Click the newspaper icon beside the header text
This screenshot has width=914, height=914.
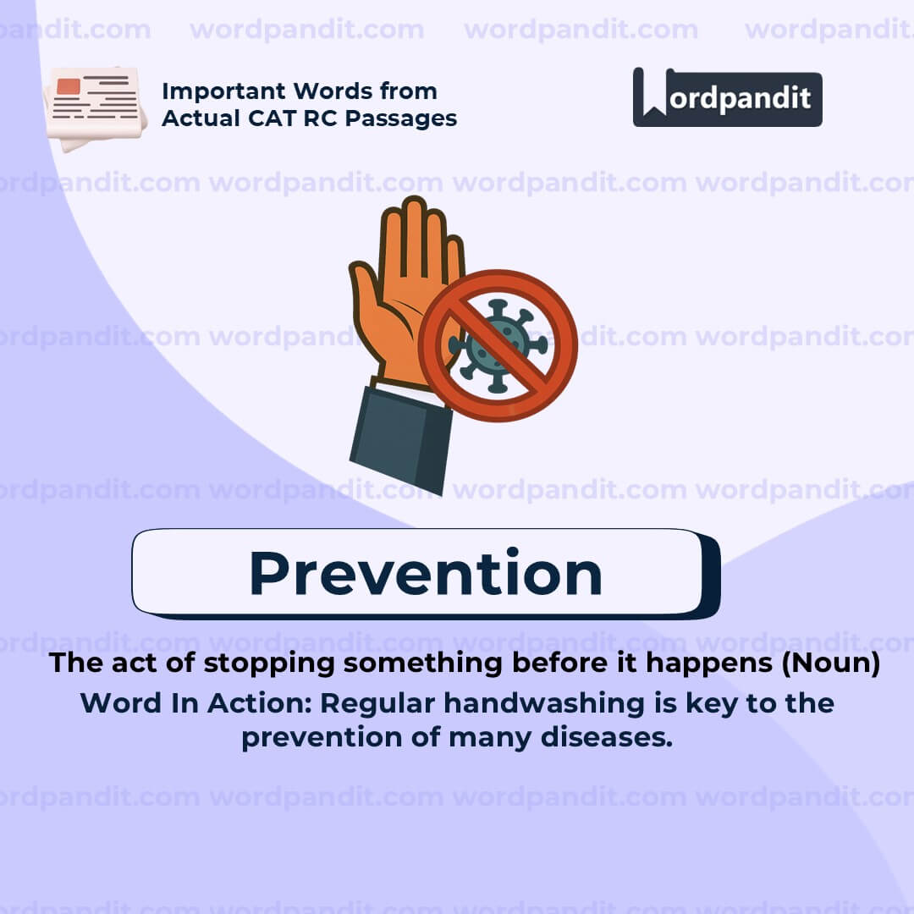click(93, 107)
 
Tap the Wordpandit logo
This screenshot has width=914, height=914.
click(727, 97)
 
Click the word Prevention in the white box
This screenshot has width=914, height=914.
click(425, 573)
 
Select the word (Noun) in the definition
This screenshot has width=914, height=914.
click(830, 663)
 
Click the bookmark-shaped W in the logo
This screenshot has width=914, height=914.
click(652, 92)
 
